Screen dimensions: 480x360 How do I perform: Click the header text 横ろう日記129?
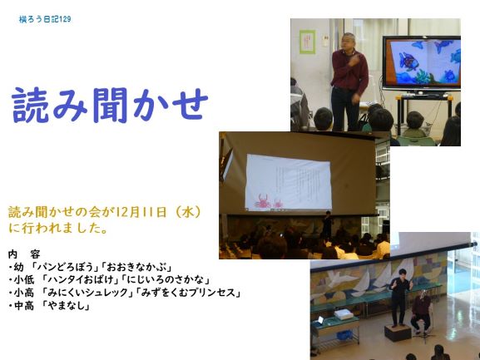(45, 19)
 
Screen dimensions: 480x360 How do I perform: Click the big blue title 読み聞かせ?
(110, 105)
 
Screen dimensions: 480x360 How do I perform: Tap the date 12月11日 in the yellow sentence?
(139, 212)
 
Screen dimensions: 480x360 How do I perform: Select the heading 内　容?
(24, 254)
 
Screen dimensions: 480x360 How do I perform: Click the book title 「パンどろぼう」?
(65, 267)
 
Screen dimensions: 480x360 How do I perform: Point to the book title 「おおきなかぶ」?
(136, 267)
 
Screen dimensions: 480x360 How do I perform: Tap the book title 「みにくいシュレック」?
(88, 293)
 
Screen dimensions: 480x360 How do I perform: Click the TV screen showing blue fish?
(422, 63)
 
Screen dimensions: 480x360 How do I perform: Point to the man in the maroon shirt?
(349, 81)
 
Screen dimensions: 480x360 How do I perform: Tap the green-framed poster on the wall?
(307, 42)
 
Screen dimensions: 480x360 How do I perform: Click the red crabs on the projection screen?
(268, 201)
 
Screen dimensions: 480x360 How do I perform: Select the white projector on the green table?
(343, 314)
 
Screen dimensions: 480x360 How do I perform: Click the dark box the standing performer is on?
(398, 333)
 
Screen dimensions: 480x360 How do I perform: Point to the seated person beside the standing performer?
(421, 313)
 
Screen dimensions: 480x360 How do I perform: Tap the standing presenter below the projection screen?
(327, 225)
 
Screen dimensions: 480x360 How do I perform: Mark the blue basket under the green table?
(344, 336)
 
